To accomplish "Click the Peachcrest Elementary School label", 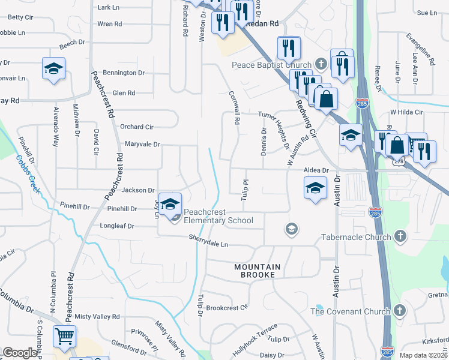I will (x=218, y=216).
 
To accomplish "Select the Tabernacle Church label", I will (x=356, y=237).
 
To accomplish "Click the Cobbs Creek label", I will (x=28, y=174).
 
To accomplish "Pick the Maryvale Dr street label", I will (x=142, y=144).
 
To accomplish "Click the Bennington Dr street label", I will (x=124, y=73).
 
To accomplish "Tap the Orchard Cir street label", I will (x=137, y=127).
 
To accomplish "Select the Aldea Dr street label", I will (x=316, y=170).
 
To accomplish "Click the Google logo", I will (x=20, y=353).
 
